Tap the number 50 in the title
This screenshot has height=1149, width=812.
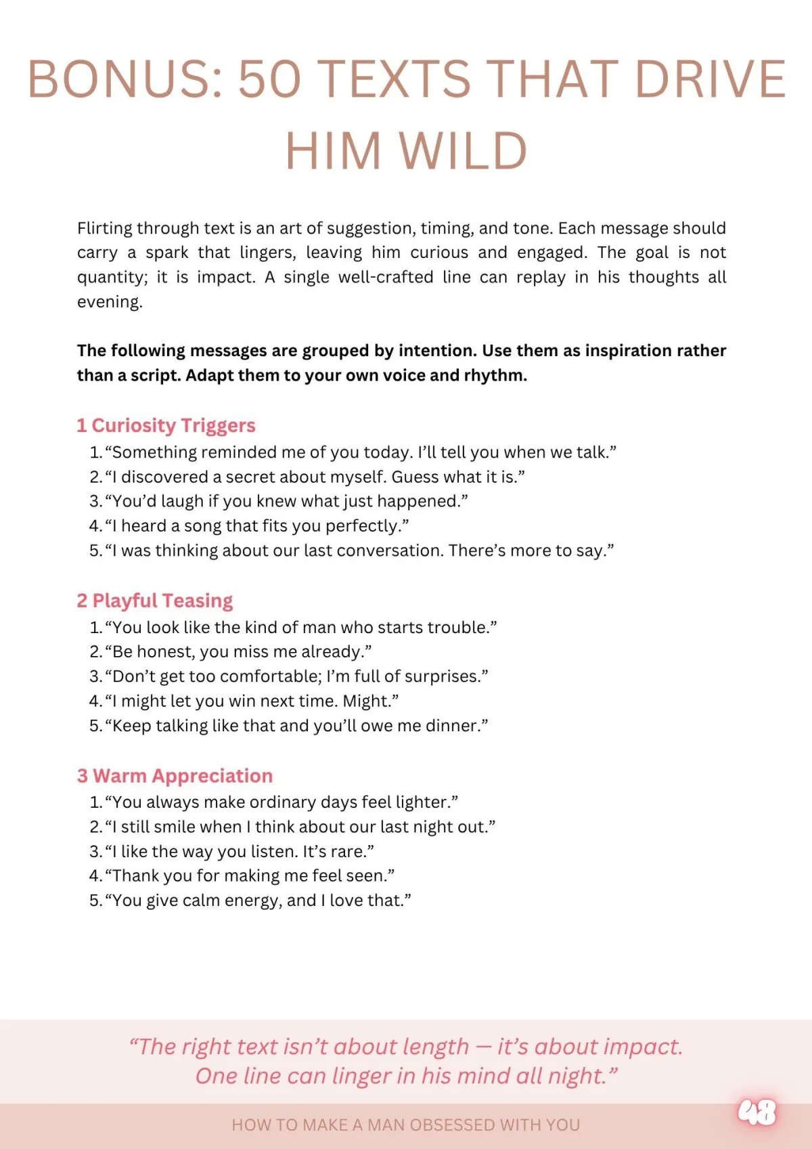coord(269,79)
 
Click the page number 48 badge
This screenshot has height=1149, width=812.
coord(757,1112)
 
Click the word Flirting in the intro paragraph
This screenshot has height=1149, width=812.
coord(105,228)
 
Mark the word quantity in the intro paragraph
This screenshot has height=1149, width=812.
coord(111,278)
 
